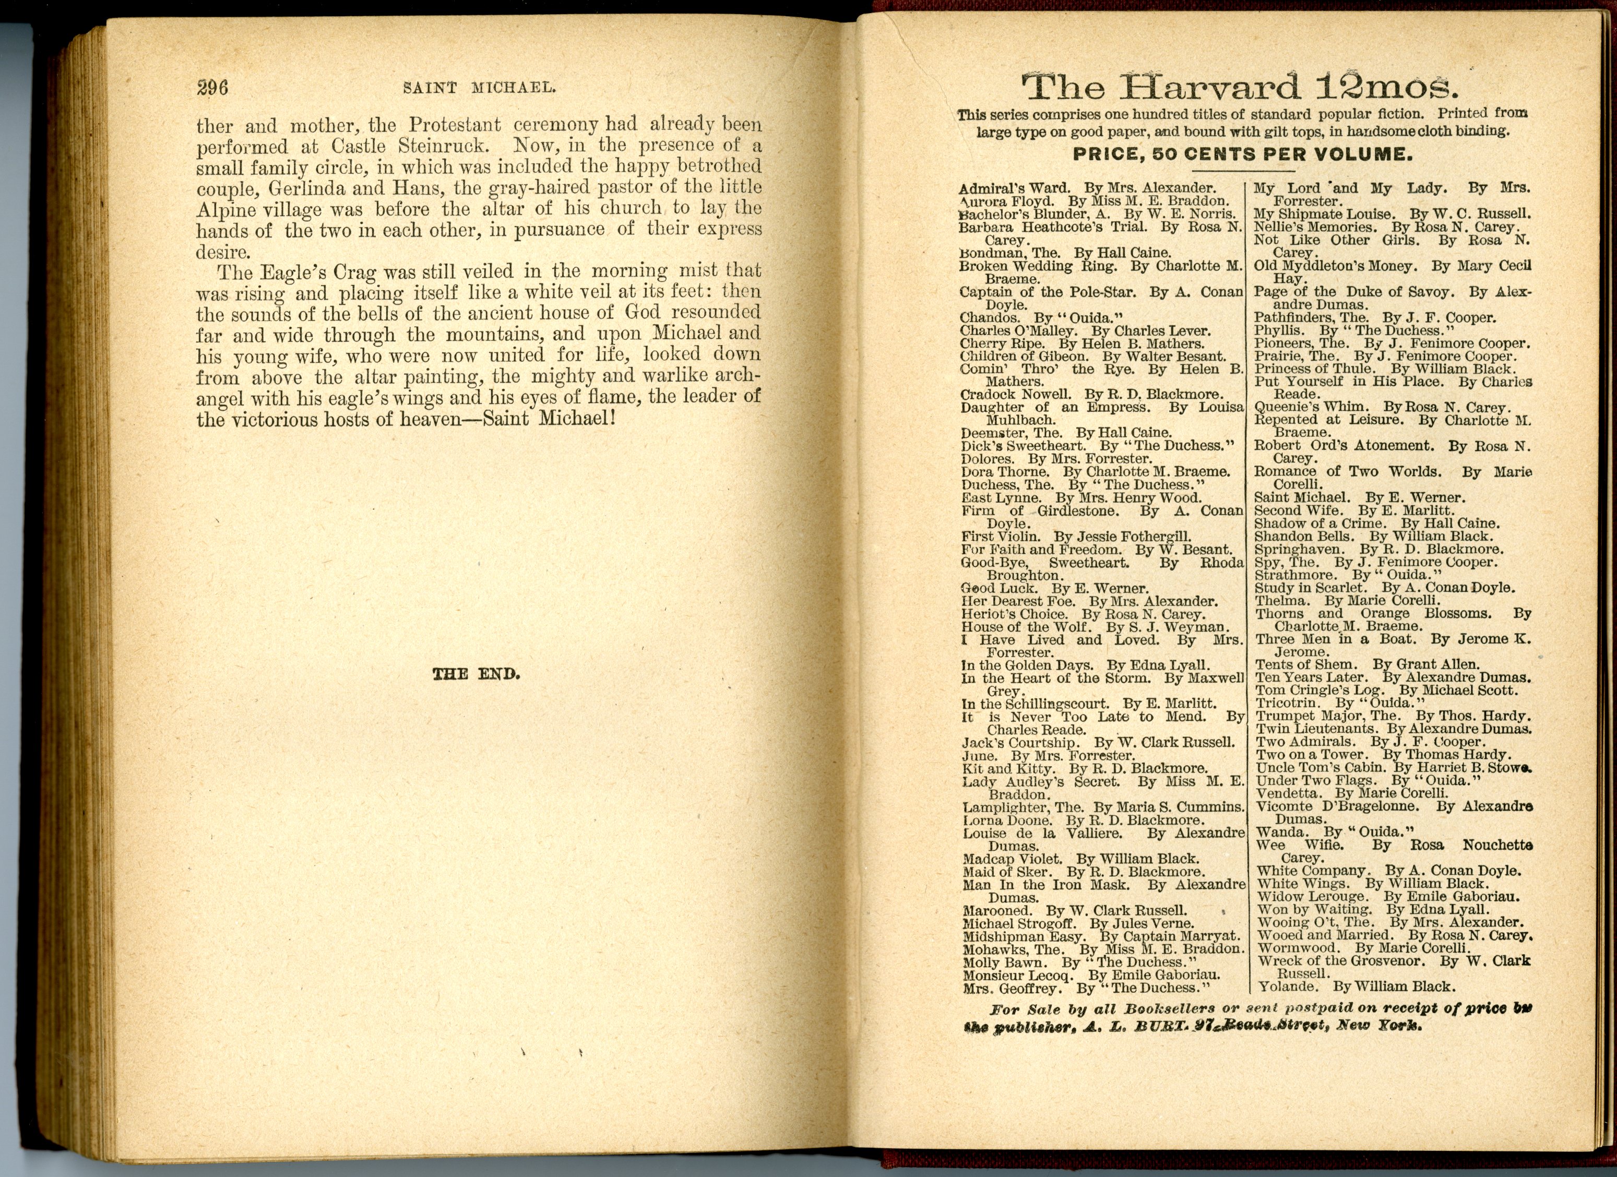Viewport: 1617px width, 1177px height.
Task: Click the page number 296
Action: [212, 88]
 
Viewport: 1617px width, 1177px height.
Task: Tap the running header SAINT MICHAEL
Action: [479, 88]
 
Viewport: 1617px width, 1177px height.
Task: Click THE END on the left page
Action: [476, 674]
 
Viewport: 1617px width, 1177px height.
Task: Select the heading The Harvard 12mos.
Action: [1241, 88]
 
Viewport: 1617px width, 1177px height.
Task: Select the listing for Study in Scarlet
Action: [1385, 588]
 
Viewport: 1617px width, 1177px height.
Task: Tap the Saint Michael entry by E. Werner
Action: [1360, 497]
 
